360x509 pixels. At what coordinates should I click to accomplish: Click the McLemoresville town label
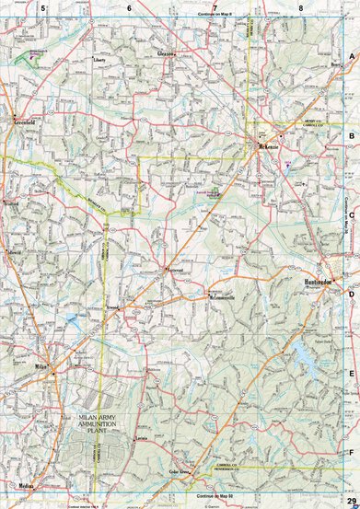click(224, 298)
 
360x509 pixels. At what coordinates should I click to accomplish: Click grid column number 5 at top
click(41, 8)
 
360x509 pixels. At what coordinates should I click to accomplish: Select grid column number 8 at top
click(301, 8)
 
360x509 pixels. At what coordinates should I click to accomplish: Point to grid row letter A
click(351, 57)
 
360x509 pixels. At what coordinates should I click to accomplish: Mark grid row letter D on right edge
click(351, 295)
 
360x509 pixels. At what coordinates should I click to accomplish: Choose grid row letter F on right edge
click(351, 453)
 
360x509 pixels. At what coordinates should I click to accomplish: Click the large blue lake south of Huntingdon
click(301, 351)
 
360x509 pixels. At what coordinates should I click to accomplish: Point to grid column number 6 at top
click(129, 8)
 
